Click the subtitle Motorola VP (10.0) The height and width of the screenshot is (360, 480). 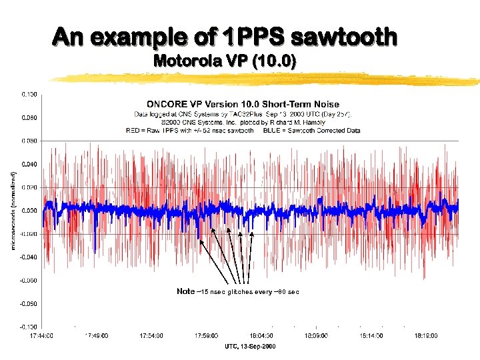(x=225, y=61)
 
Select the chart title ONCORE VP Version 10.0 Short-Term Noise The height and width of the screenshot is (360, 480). (x=243, y=104)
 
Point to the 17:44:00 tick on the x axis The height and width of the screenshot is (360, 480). (x=42, y=335)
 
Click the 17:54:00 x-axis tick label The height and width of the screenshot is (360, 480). (x=153, y=335)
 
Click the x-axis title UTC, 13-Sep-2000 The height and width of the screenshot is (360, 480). (x=250, y=347)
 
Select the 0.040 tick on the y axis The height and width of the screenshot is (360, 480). (x=29, y=163)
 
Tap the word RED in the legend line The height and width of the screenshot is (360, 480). (x=133, y=131)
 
